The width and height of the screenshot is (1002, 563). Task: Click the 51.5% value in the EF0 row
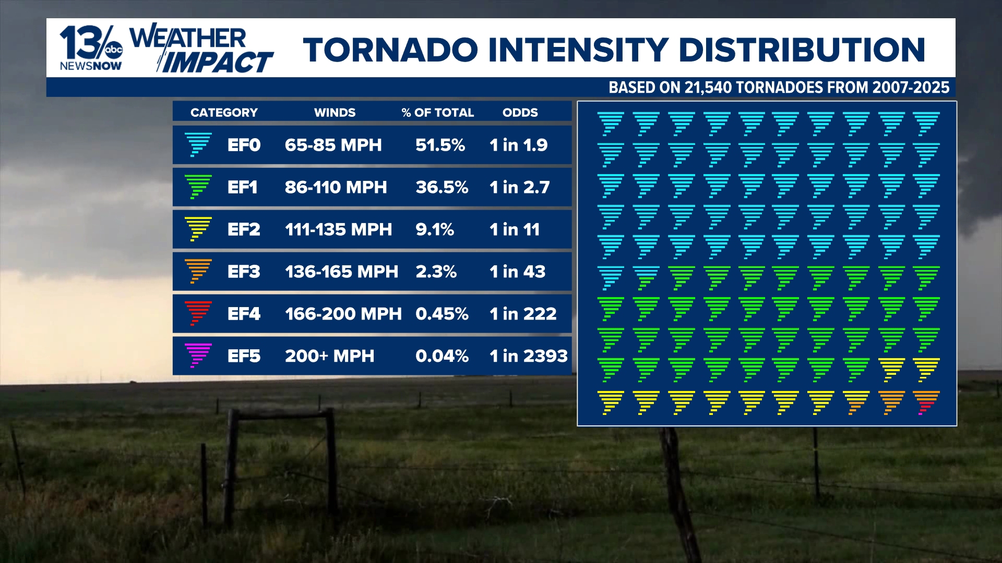[x=440, y=145]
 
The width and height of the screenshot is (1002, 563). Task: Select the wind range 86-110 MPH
[x=336, y=187]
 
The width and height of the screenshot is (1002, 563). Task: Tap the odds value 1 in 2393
[x=528, y=356]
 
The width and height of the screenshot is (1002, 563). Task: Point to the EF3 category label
[x=243, y=272]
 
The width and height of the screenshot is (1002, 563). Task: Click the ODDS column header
[x=520, y=113]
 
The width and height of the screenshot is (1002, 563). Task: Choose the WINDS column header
[x=335, y=113]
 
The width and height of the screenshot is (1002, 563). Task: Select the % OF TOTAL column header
[x=437, y=113]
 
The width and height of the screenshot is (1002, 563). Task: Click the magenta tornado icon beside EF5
[x=198, y=356]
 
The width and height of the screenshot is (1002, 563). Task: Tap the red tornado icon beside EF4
[x=198, y=313]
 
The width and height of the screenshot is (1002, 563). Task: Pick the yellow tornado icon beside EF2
[x=198, y=229]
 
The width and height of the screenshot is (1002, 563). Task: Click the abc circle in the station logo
[x=114, y=50]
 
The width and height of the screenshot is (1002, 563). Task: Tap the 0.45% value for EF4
[x=442, y=314]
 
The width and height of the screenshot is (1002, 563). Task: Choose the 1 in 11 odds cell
[x=514, y=229]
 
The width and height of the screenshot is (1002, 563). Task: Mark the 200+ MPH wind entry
[x=329, y=356]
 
